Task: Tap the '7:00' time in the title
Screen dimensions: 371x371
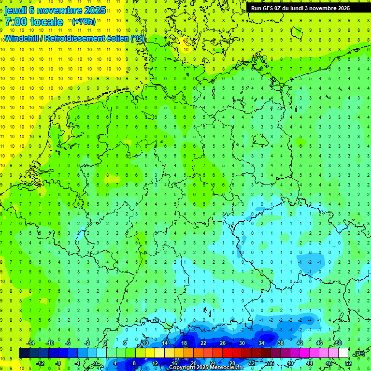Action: [16, 22]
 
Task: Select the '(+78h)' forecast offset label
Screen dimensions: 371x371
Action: [83, 22]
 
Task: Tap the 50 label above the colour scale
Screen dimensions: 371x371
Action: [339, 343]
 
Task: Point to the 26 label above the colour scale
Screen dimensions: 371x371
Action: [223, 343]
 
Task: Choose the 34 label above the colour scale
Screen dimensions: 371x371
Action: [261, 343]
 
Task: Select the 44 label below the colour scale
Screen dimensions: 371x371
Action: [310, 363]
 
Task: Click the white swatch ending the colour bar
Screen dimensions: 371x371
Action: [343, 353]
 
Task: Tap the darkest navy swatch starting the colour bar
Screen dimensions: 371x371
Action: [24, 353]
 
